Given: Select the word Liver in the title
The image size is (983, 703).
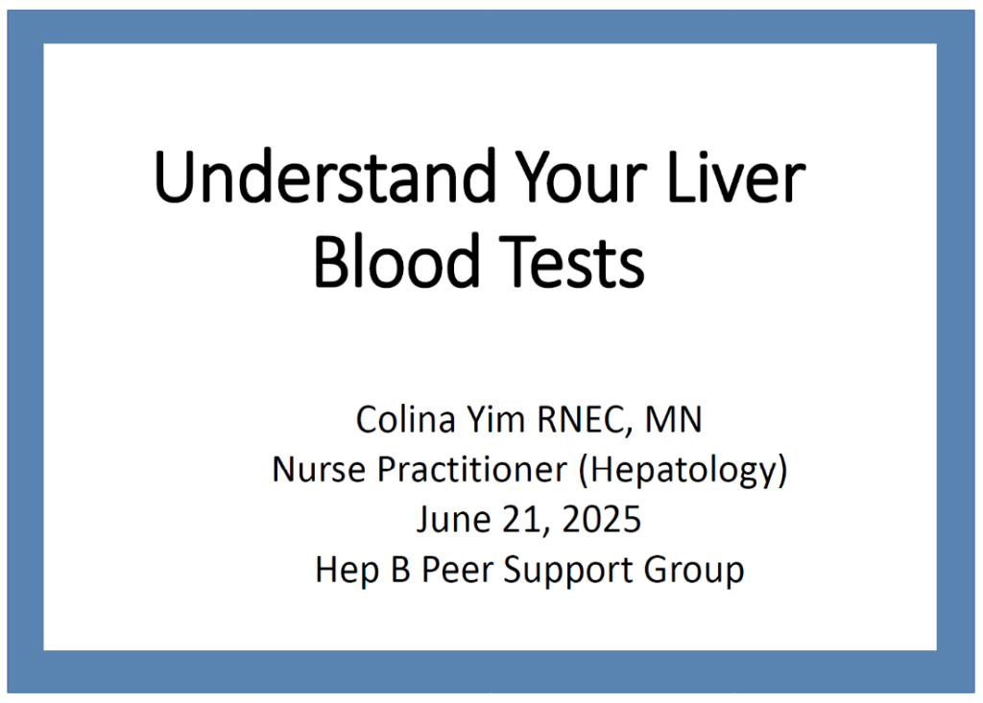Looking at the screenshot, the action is coord(736,176).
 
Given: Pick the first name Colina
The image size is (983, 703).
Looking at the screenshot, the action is coord(406,418).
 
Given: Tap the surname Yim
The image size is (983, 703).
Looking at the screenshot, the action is coord(495,420).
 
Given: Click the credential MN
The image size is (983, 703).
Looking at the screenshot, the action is coord(673,419).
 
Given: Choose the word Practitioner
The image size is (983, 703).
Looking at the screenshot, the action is coord(472,469).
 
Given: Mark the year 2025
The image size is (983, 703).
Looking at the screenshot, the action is coord(602,520).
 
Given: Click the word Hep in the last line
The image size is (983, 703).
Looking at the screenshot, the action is coord(348,571).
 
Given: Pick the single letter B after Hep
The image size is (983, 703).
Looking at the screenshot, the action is coord(400,570).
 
